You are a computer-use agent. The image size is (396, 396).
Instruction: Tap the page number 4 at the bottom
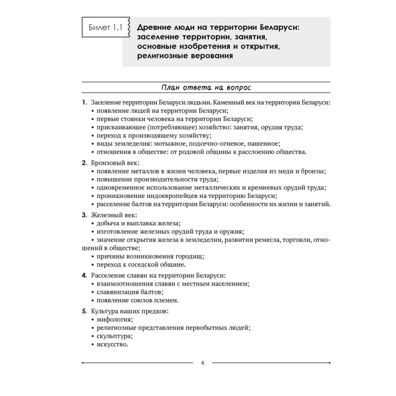[202, 363]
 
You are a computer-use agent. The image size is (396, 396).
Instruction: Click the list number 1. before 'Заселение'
[85, 102]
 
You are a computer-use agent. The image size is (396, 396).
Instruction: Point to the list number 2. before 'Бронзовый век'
[85, 162]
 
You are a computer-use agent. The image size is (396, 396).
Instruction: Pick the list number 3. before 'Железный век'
[85, 215]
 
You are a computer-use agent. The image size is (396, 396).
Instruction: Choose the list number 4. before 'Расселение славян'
[85, 275]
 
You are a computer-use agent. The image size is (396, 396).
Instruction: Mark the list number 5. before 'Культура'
[85, 311]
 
